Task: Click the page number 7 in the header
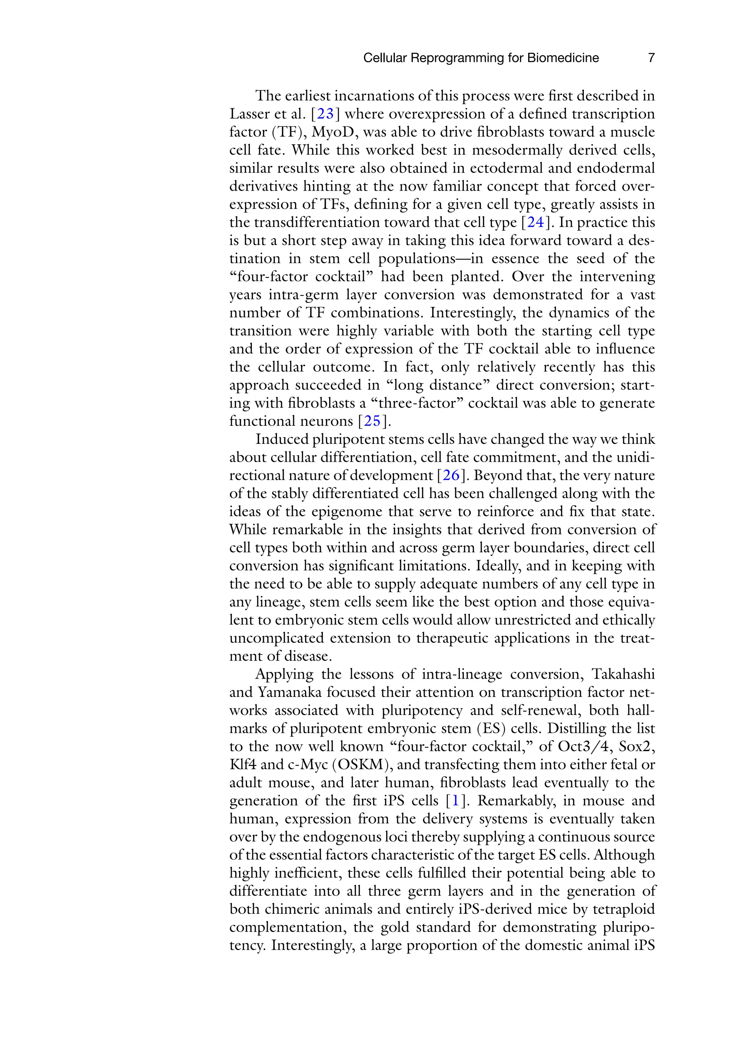point(651,58)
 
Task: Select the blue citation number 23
point(325,114)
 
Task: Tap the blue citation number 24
point(535,222)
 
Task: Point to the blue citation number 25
point(372,421)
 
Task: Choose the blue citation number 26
point(451,476)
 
